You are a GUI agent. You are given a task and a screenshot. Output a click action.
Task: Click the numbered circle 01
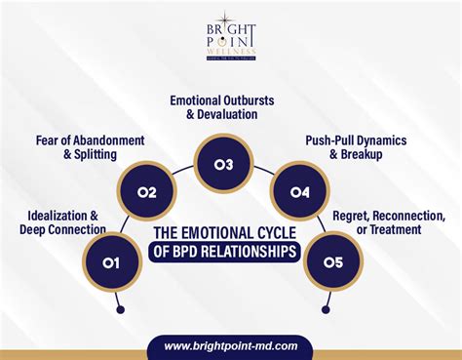point(110,261)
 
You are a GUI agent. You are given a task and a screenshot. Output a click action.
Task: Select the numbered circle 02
point(147,191)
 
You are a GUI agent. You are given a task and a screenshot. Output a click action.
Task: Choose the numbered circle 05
point(333,261)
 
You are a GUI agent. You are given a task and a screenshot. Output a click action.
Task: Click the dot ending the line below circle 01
point(121,311)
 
